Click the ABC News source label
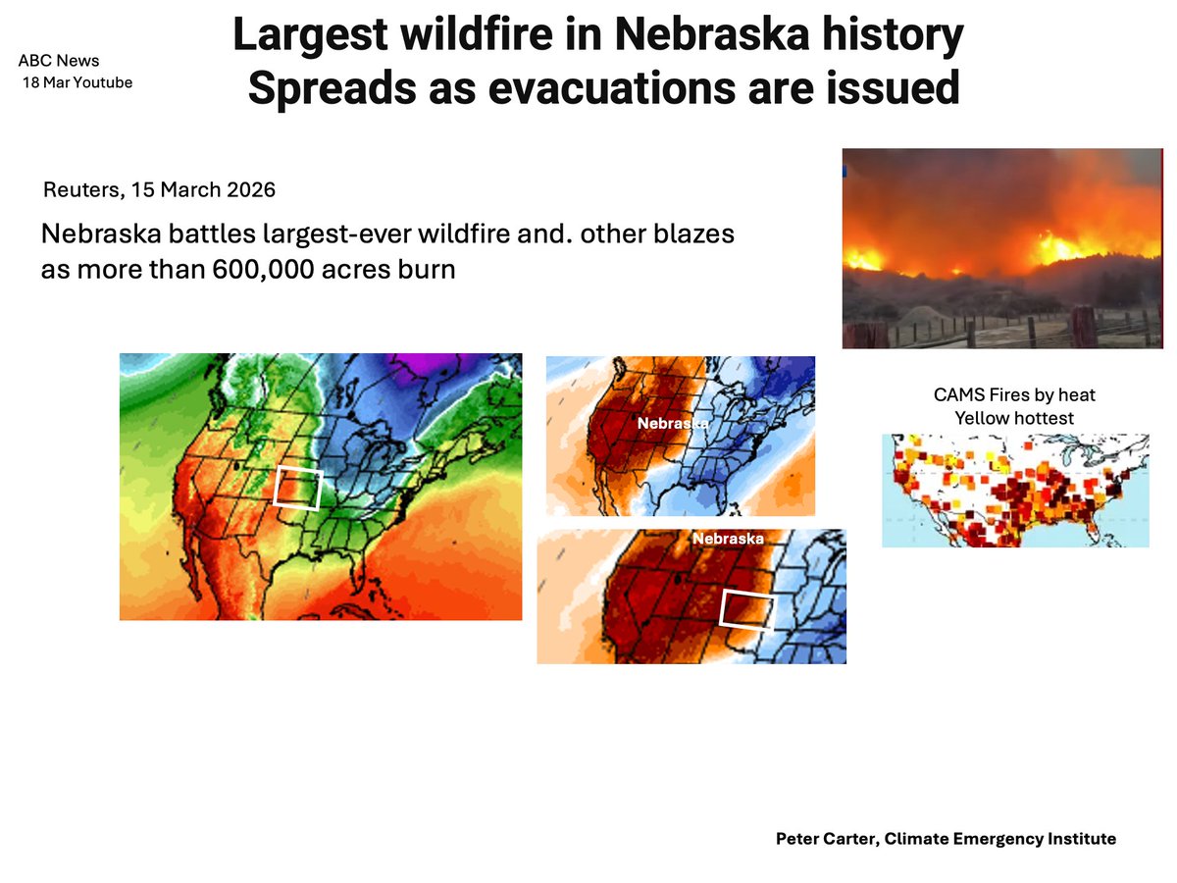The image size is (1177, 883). pyautogui.click(x=58, y=61)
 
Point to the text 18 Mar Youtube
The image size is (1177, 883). pyautogui.click(x=77, y=82)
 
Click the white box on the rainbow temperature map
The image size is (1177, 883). pyautogui.click(x=298, y=488)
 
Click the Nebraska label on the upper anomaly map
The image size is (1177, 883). pyautogui.click(x=672, y=424)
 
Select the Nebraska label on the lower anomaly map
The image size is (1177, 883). pyautogui.click(x=728, y=539)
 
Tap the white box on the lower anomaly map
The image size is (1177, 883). pyautogui.click(x=747, y=609)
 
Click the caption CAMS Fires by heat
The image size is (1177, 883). pyautogui.click(x=1014, y=395)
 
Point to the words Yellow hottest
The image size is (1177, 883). pyautogui.click(x=1014, y=417)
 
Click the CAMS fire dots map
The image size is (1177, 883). pyautogui.click(x=1015, y=491)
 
